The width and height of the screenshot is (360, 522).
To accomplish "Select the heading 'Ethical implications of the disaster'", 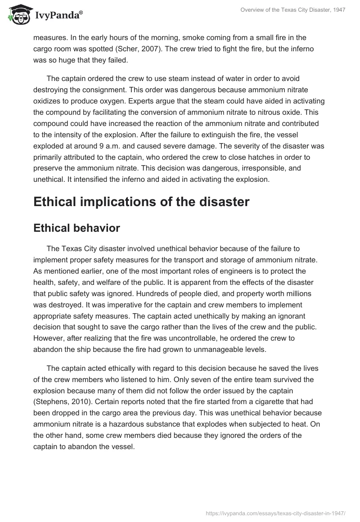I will tap(141, 202).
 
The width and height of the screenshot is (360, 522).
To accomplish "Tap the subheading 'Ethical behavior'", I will tap(76, 228).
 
